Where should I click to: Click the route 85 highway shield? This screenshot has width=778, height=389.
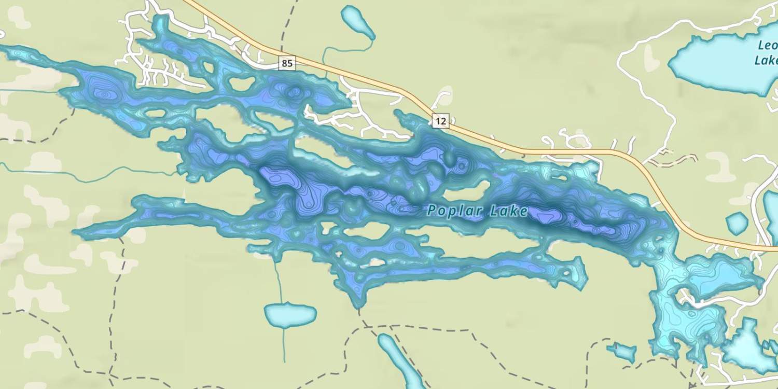286,64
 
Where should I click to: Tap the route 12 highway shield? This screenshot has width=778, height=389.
440,121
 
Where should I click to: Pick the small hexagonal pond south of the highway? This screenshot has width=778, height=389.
737,223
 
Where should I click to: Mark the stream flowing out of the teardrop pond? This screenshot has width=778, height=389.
342,49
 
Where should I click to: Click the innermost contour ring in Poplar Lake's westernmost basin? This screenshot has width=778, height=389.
105,94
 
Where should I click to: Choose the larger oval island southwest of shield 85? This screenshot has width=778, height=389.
242,84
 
